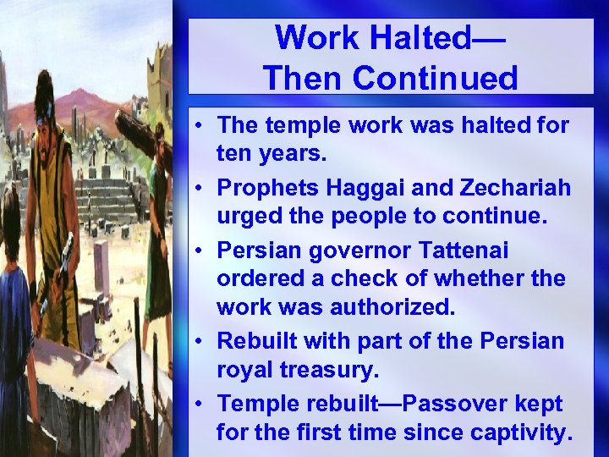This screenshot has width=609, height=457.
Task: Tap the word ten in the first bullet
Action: point(233,156)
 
